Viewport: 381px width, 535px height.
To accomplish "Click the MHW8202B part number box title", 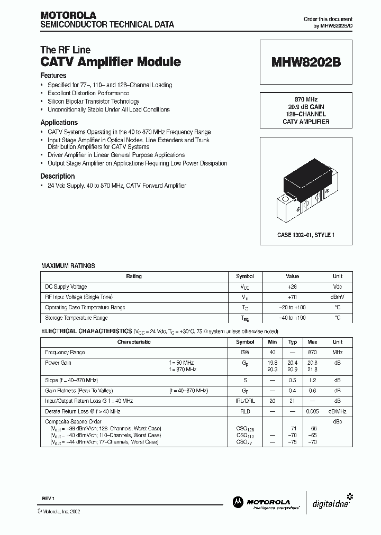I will [x=306, y=62].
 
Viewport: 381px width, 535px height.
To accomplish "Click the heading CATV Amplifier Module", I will [x=111, y=62].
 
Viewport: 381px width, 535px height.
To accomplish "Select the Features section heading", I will [x=53, y=76].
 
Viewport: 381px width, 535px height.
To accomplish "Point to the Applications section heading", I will [x=59, y=122].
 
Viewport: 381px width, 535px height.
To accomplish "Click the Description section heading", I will [x=58, y=176].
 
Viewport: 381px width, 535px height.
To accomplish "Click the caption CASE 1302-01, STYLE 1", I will [x=306, y=234].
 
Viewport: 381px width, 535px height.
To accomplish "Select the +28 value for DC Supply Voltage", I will [x=292, y=287].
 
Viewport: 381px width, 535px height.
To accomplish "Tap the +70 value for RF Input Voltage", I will [x=292, y=297].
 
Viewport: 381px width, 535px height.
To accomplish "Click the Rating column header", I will [x=133, y=276].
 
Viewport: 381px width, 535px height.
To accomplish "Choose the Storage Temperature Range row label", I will [x=76, y=318].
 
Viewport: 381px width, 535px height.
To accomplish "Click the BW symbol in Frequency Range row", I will [x=245, y=352].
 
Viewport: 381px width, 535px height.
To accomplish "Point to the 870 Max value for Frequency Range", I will [x=312, y=352].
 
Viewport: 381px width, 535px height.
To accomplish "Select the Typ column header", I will [x=292, y=342].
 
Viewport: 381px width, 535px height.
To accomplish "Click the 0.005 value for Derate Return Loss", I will [x=312, y=411].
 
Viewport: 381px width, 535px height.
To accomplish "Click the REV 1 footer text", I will [x=49, y=499].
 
